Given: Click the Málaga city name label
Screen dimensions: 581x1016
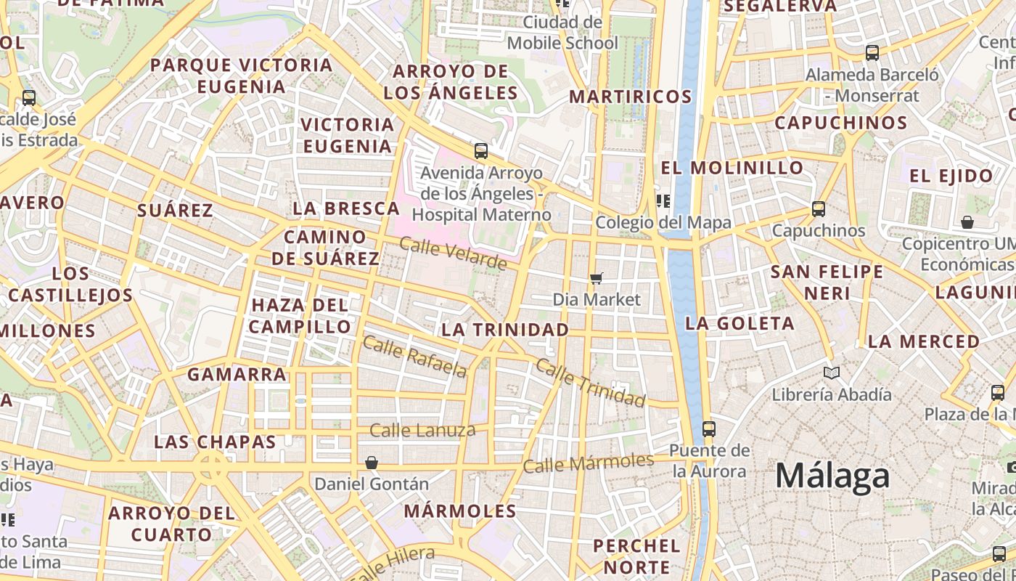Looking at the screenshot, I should [832, 476].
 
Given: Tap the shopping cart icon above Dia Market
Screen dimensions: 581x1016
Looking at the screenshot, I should [597, 278].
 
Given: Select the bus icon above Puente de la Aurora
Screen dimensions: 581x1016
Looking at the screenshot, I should [709, 428].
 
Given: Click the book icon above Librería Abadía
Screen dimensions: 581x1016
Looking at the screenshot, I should [831, 373].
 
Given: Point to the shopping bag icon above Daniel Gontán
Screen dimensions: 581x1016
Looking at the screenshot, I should [372, 463].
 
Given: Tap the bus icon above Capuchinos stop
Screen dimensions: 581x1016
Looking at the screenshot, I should [819, 209].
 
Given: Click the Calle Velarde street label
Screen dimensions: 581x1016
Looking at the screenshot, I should [453, 253].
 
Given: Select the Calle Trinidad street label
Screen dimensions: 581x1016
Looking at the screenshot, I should [590, 382].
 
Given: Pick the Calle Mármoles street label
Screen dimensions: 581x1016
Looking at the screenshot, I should [588, 463].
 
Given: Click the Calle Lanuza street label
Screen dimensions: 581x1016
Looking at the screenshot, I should [422, 431].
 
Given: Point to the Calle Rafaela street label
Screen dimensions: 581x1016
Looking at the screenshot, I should [414, 356].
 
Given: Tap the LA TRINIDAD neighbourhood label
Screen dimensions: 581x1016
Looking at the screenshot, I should [505, 330].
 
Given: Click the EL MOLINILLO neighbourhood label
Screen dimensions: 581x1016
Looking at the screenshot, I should [732, 168].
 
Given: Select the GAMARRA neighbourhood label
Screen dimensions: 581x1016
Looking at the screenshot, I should [237, 375].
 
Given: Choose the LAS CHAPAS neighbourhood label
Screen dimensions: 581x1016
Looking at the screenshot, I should [215, 442].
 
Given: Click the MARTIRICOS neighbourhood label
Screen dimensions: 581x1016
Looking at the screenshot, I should [631, 97].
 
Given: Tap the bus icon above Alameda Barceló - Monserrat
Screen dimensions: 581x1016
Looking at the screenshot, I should [872, 53].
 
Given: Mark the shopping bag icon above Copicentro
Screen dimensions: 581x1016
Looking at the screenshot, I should [967, 222].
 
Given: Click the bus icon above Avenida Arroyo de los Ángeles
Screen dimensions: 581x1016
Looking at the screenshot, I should [480, 151].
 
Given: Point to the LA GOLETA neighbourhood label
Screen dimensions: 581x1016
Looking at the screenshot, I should [740, 324].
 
